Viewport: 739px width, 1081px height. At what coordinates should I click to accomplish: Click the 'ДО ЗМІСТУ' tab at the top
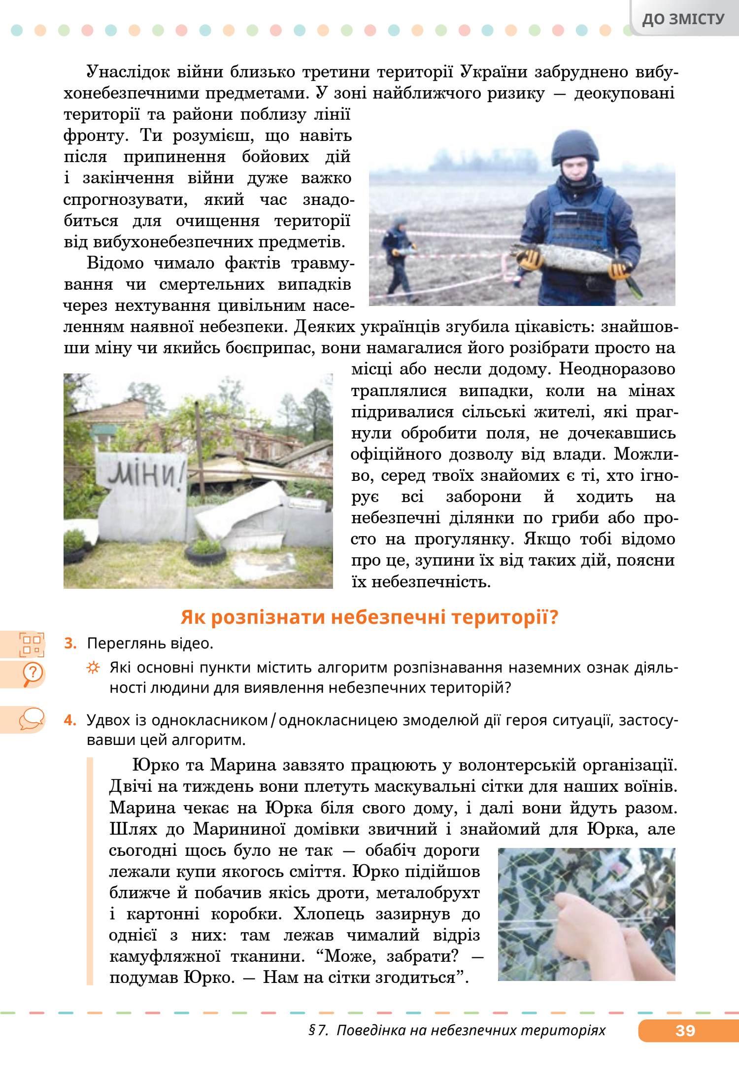tap(683, 19)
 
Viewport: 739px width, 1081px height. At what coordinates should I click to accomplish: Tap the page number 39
tap(685, 1031)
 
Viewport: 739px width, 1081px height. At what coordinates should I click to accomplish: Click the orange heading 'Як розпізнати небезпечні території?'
tap(369, 617)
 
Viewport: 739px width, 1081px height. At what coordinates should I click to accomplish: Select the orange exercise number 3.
tap(70, 643)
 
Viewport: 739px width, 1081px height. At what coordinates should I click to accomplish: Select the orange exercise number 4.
tap(70, 720)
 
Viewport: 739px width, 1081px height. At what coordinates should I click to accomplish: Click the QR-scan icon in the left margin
tap(32, 644)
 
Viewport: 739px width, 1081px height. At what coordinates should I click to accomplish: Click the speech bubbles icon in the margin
tap(32, 719)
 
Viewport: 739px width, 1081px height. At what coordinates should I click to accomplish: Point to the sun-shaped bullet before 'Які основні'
tap(93, 668)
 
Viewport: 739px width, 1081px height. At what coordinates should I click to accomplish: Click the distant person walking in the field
tap(399, 251)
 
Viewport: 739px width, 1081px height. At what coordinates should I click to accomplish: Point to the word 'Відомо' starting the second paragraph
tap(115, 263)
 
